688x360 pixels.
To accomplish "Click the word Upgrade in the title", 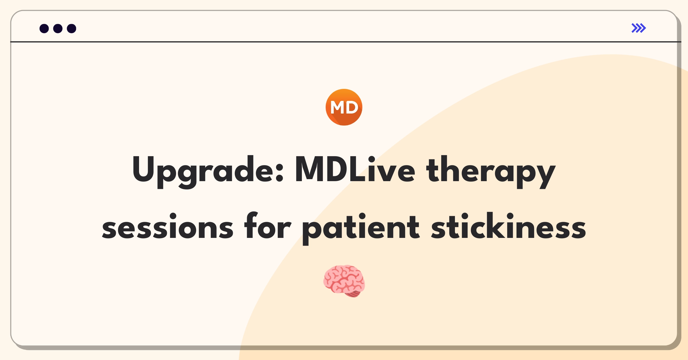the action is point(208,171).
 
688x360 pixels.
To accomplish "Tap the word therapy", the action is point(491,171).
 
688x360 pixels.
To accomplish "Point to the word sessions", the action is point(168,227).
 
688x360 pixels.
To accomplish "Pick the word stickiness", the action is point(509,226).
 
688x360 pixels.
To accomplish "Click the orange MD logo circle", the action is point(344,107).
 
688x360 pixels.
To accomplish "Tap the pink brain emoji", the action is point(344,281).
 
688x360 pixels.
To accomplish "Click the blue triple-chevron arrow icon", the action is point(639,28).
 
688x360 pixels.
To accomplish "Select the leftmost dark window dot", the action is point(44,28).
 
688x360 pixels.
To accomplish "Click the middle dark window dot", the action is point(58,28).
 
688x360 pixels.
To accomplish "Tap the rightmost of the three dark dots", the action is point(72,28).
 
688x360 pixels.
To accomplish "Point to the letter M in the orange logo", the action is point(337,107).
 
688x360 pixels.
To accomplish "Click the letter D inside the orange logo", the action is point(352,107).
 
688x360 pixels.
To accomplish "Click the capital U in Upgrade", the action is point(144,169).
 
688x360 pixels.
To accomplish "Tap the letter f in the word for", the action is point(251,225).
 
